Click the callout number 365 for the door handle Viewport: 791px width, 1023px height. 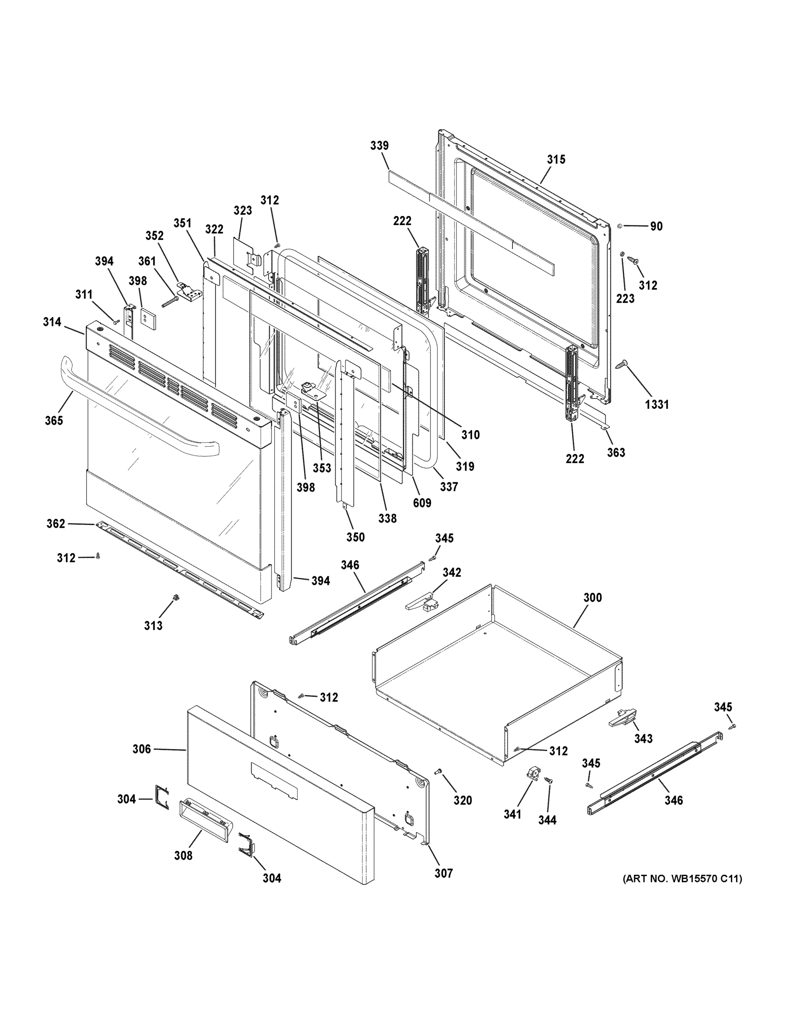point(54,421)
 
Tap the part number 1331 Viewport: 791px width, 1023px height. point(657,405)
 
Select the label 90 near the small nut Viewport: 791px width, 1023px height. point(656,226)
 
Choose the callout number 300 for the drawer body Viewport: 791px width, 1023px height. point(592,598)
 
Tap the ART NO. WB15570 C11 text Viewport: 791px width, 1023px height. point(682,879)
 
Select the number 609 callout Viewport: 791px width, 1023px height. point(422,503)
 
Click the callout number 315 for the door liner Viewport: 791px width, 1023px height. point(556,160)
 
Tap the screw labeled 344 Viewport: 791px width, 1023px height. point(549,780)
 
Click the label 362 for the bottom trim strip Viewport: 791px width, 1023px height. point(55,524)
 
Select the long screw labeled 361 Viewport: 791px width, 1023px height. point(170,302)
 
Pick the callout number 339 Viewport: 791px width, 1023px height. point(379,146)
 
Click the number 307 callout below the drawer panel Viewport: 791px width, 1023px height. point(443,873)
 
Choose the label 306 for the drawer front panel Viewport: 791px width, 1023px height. point(142,749)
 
